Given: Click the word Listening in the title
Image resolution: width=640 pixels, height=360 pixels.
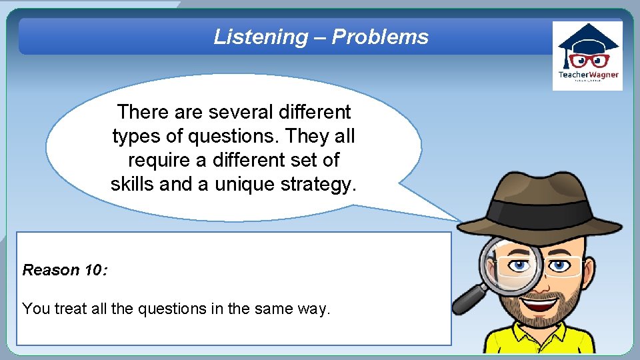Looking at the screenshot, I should [x=260, y=37].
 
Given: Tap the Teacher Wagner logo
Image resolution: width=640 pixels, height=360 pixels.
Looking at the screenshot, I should [x=588, y=56].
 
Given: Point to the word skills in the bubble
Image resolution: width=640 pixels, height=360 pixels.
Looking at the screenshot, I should [x=133, y=184].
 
